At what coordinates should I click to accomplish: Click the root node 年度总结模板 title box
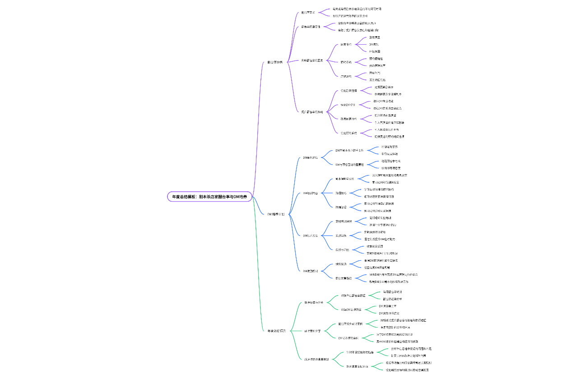(209, 197)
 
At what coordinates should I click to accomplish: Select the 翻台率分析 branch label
(275, 62)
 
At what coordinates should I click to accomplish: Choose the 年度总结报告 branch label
(276, 331)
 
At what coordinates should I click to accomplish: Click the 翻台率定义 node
(308, 12)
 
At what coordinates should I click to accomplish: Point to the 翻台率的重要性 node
(311, 27)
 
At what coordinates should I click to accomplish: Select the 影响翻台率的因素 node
(312, 60)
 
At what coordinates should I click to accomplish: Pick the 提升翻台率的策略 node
(312, 111)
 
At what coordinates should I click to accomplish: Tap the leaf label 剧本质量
(375, 37)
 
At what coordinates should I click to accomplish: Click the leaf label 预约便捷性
(376, 59)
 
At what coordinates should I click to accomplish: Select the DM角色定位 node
(310, 157)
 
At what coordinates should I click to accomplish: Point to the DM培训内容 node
(310, 193)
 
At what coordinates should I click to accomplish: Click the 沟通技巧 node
(341, 193)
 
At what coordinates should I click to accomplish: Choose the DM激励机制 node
(310, 271)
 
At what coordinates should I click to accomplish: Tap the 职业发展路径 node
(344, 278)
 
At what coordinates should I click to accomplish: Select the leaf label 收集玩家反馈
(375, 246)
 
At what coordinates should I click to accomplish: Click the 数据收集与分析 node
(314, 302)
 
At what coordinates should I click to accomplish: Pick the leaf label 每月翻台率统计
(392, 292)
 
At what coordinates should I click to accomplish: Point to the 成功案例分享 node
(312, 331)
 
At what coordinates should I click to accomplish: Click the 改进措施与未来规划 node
(316, 359)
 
